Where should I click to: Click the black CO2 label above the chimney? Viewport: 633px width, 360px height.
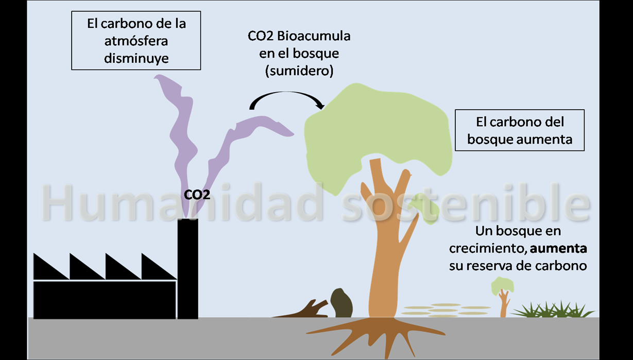(x=197, y=195)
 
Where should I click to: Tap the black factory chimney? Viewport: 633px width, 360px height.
(x=187, y=268)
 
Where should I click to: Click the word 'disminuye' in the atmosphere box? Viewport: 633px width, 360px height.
(x=136, y=59)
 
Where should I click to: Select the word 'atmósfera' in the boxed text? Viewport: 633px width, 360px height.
(x=136, y=41)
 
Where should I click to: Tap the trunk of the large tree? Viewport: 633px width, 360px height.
(x=384, y=258)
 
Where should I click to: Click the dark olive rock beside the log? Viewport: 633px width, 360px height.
(x=341, y=303)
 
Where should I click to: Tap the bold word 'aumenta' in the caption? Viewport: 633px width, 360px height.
(x=559, y=249)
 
